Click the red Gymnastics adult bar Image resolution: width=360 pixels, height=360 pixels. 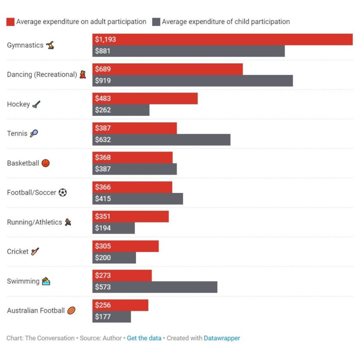point(222,39)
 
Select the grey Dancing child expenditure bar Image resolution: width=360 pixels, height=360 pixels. point(192,81)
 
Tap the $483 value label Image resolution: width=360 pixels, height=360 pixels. point(103,99)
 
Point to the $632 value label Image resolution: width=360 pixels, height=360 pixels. point(103,140)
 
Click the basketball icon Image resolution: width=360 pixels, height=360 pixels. point(46,163)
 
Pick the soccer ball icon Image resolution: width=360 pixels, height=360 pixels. point(63,193)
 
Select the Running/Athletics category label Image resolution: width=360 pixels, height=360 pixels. point(34,222)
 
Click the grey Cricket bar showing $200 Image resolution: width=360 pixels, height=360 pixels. point(114,258)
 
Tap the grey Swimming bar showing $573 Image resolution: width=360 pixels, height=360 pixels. point(155,287)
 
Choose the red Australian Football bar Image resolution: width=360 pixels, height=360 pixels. point(120,305)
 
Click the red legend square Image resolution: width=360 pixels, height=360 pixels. point(11,22)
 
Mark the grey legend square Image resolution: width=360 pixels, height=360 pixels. point(156,22)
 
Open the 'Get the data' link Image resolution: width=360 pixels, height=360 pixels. point(144,338)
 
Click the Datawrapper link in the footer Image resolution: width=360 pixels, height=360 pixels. point(222,338)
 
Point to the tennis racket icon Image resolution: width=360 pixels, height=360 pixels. point(34,134)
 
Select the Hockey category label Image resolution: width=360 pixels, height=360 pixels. point(18,104)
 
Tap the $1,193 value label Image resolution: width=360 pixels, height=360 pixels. point(105,40)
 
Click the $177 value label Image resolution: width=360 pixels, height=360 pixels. point(103,317)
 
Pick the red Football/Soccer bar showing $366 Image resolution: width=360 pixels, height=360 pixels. point(132,187)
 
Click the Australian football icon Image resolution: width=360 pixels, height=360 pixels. point(71,311)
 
